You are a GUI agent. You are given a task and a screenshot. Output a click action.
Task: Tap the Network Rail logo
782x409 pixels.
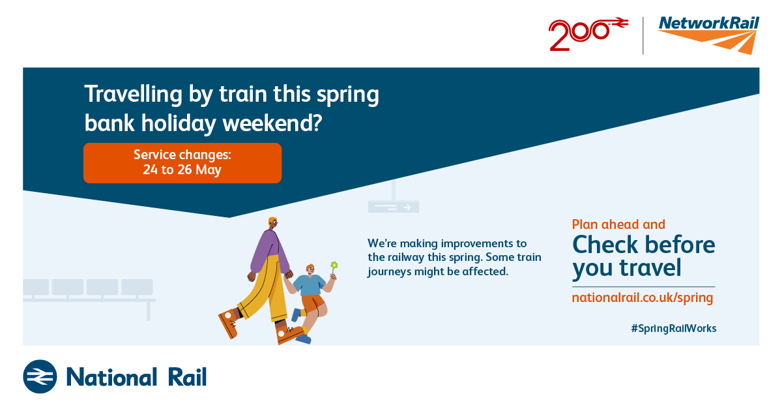[709, 35]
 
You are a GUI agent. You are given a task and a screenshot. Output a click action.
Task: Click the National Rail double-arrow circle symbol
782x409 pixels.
[40, 376]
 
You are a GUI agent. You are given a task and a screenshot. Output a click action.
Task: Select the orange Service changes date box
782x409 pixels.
[182, 163]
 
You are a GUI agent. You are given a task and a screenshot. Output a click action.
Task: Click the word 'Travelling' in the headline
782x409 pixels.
[134, 95]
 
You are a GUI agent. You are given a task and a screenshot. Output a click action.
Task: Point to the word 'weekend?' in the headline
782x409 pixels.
[272, 124]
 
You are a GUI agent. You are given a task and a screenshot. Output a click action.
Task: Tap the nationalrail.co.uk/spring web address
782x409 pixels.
[643, 298]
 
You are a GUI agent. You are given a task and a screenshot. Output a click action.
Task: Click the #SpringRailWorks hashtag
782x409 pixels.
[674, 329]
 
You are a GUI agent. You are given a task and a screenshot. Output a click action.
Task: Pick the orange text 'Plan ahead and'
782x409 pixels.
[618, 224]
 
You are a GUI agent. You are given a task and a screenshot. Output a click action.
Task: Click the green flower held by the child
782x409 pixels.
[334, 265]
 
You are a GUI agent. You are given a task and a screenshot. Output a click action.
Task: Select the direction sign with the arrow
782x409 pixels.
[394, 207]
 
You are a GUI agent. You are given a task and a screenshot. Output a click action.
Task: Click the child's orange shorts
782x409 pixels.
[313, 303]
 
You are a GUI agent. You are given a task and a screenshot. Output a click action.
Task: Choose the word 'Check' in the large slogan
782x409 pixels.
[605, 245]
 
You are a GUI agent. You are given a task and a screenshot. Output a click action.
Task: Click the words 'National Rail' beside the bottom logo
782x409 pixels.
[136, 377]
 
